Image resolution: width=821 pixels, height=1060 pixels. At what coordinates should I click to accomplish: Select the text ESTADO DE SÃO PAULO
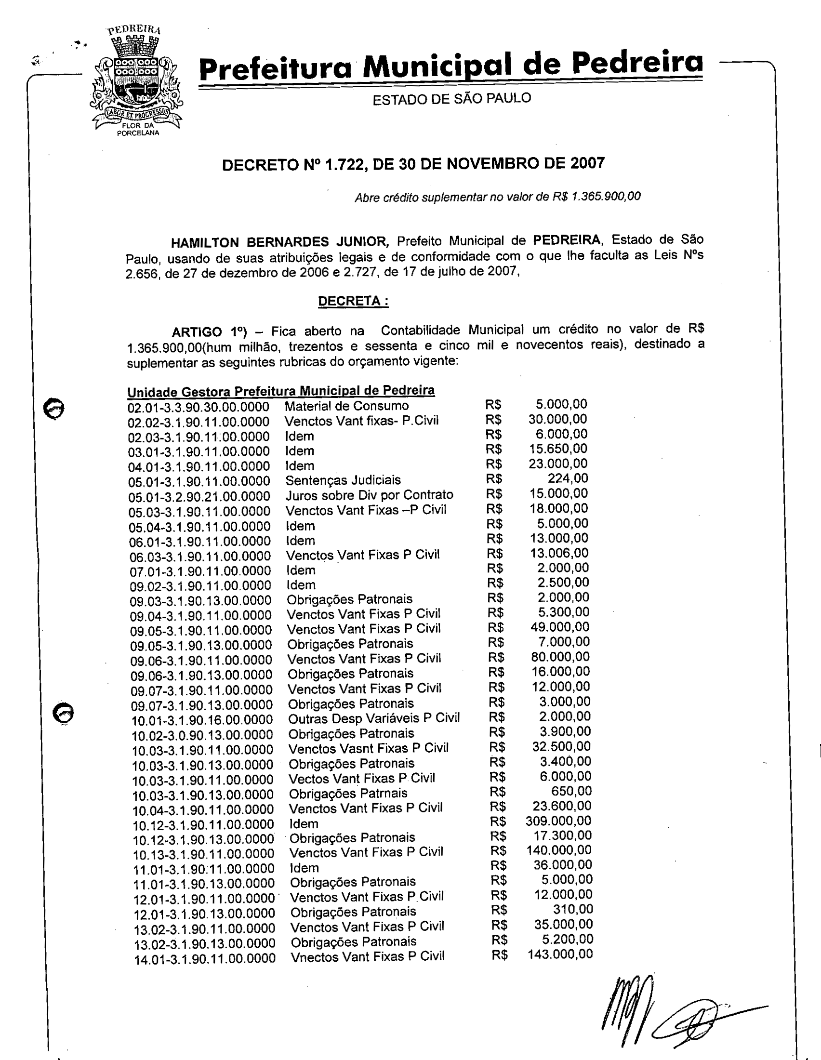point(451,99)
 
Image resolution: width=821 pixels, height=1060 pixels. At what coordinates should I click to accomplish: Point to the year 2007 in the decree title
point(587,163)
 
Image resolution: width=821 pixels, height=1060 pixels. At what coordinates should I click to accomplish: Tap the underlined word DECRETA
point(353,302)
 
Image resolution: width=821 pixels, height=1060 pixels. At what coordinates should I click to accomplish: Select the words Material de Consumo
point(346,406)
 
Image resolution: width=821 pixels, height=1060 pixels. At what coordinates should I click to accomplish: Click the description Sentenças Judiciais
point(343,480)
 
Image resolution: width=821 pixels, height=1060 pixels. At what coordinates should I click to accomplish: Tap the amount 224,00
point(568,478)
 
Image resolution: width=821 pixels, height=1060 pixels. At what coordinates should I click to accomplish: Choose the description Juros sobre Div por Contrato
point(369,495)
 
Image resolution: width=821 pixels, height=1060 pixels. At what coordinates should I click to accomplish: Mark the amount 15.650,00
point(558,449)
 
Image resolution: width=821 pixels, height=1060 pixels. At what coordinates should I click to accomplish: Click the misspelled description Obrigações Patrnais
point(348,794)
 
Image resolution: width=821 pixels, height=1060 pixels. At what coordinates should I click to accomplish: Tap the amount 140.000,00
point(559,850)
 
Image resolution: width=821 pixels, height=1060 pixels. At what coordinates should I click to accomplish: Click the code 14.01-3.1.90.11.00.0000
point(205,959)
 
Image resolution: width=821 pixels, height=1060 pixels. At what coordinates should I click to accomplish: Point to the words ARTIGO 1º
point(209,332)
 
